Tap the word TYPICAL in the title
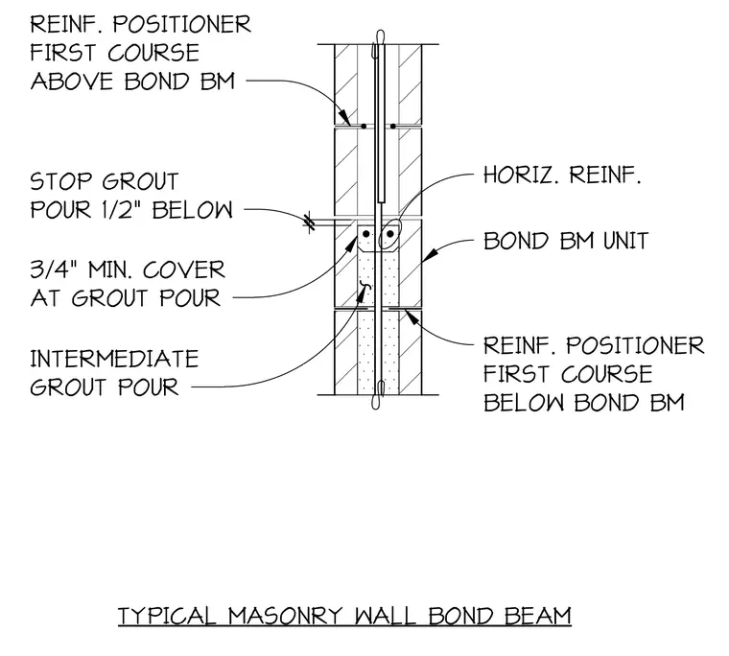(x=167, y=616)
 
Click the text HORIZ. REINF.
(x=562, y=176)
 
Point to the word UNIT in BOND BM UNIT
(x=625, y=241)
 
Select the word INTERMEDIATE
(x=114, y=359)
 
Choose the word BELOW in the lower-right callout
(x=523, y=402)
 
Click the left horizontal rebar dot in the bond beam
(x=366, y=233)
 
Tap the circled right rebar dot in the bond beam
(x=390, y=233)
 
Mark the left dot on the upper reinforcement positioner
(x=364, y=126)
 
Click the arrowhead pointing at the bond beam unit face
(x=431, y=254)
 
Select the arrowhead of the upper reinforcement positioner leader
(x=344, y=117)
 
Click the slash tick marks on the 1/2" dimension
(x=309, y=223)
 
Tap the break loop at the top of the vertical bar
(x=380, y=38)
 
